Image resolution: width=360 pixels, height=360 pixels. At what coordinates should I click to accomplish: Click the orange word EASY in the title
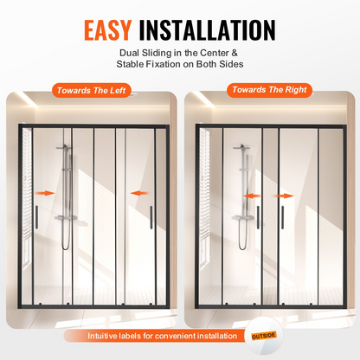coord(108,30)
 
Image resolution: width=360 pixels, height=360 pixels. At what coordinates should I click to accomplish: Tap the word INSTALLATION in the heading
coord(207,30)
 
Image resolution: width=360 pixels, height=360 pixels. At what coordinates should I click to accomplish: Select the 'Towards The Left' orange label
coord(92,91)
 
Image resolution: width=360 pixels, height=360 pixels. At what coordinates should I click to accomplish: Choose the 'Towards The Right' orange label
coord(269,90)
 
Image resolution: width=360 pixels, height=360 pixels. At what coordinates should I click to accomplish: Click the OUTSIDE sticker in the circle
coord(264,336)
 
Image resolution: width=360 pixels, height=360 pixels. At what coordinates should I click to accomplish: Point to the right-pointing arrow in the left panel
coord(45,193)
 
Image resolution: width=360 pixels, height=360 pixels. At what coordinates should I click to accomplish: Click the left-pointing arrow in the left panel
coord(140,193)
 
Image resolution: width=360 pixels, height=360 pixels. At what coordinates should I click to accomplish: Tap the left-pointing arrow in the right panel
coord(252,196)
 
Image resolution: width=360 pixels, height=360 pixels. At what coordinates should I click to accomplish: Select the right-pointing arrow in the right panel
coord(284,196)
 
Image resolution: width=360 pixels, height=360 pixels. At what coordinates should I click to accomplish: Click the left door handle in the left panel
coord(36,217)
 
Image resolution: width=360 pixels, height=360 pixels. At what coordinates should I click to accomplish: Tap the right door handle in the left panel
coord(151,217)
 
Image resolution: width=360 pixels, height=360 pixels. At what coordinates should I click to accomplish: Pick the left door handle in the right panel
coord(258,217)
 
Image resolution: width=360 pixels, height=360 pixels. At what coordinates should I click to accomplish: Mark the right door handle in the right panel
coord(282,217)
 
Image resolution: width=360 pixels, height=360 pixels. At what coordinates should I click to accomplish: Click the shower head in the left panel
coord(64,147)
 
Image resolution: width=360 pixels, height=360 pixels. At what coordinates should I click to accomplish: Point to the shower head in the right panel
coord(241,147)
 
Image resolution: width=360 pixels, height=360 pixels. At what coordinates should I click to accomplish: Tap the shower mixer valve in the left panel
coord(65,217)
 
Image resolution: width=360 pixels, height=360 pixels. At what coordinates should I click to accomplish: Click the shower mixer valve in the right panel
coord(243,218)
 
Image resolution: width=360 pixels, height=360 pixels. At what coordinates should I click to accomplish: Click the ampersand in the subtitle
coord(235,53)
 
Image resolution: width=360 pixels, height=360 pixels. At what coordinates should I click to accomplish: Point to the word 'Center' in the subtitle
coord(215,53)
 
